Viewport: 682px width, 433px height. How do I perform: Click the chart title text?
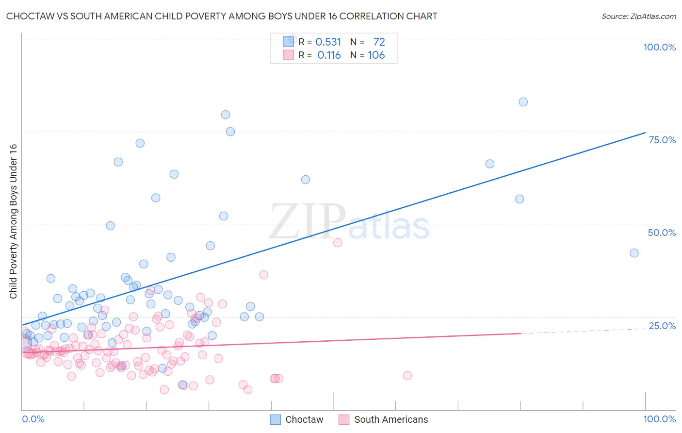point(222,16)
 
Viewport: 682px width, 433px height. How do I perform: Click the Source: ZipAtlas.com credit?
point(638,16)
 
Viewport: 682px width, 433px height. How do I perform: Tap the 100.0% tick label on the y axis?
point(659,47)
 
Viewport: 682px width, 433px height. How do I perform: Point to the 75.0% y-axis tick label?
point(662,140)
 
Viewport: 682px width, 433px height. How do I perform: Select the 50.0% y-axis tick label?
point(662,233)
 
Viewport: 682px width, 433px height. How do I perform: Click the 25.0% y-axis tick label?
point(662,326)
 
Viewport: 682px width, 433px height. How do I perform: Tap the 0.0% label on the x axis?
point(33,419)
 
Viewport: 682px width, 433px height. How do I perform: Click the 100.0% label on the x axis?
point(659,419)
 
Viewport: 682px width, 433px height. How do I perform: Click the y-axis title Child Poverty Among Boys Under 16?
point(13,221)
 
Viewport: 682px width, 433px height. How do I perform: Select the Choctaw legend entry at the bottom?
point(296,419)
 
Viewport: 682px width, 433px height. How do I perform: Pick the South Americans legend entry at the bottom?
point(383,419)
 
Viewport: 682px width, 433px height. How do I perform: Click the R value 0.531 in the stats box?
point(328,42)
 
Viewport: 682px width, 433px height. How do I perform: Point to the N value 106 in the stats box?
point(376,55)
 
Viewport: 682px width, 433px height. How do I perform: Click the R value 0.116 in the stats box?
point(329,55)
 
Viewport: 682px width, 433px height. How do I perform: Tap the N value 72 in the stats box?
point(379,42)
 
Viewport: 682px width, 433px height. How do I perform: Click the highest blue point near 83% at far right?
point(523,102)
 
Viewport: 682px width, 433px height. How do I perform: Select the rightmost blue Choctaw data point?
point(634,253)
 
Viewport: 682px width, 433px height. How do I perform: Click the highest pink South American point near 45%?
point(338,243)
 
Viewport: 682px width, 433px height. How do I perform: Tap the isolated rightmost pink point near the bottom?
point(407,375)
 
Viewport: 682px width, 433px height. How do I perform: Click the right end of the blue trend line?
point(645,133)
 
